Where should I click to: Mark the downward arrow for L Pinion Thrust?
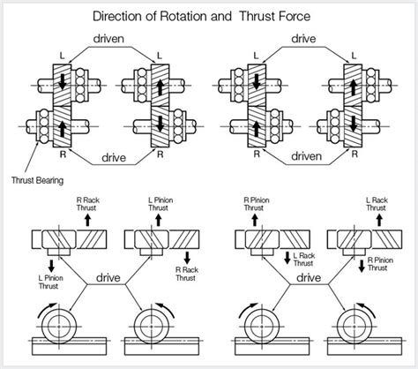tap(50, 265)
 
